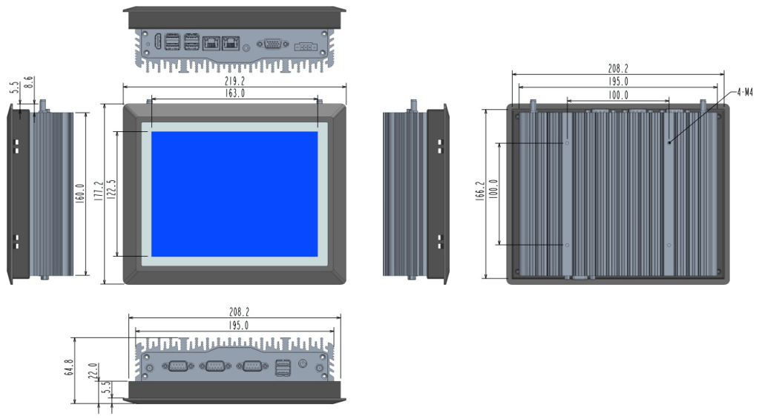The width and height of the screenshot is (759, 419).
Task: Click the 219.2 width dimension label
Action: pos(234,82)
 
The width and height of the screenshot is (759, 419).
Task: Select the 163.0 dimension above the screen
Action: pos(234,93)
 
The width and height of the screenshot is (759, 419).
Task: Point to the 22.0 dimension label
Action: pos(93,370)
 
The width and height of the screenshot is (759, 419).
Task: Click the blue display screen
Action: pos(234,194)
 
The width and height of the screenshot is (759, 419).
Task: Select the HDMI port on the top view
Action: pos(158,43)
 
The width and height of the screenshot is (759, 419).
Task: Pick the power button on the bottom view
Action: pos(303,364)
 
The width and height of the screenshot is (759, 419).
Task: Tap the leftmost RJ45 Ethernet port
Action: pos(211,43)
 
